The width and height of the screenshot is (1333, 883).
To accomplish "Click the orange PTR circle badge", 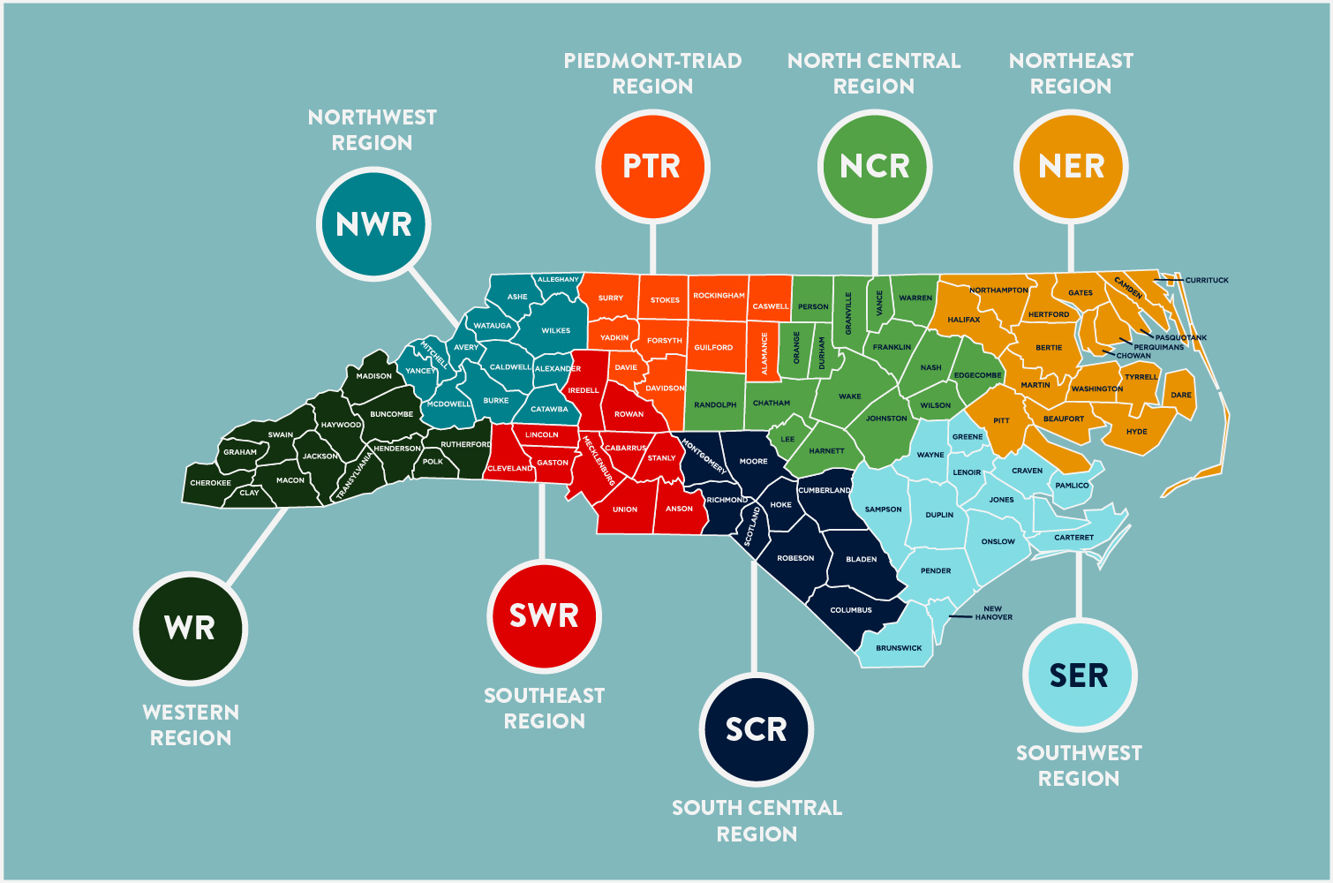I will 652,166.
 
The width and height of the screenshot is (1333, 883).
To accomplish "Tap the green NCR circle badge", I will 874,166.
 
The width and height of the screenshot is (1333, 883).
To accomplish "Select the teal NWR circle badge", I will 373,224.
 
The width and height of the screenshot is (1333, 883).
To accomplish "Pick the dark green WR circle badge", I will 190,628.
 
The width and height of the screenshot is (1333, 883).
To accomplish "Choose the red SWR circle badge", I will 544,615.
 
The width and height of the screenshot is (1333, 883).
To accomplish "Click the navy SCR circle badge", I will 756,729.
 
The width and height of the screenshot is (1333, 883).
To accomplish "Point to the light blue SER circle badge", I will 1079,675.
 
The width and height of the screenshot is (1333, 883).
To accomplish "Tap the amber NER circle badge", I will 1071,166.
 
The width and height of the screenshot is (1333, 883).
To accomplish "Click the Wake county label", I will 850,396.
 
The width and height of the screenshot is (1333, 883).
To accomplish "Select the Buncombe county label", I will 392,414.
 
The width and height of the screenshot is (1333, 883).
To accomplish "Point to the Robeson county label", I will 795,558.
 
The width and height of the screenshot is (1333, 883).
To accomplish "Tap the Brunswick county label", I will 899,648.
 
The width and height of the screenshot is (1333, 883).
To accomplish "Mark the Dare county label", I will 1181,396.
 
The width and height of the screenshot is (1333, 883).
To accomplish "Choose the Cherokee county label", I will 210,483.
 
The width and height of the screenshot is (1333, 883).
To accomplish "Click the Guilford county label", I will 713,348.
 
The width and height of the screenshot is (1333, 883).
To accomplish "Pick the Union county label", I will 625,509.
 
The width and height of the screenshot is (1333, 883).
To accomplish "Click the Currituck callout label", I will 1207,280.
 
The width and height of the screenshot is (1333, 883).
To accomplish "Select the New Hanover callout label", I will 993,613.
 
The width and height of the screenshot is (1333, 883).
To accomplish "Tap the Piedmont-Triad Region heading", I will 652,73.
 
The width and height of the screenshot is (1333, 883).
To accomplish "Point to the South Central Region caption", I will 757,820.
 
